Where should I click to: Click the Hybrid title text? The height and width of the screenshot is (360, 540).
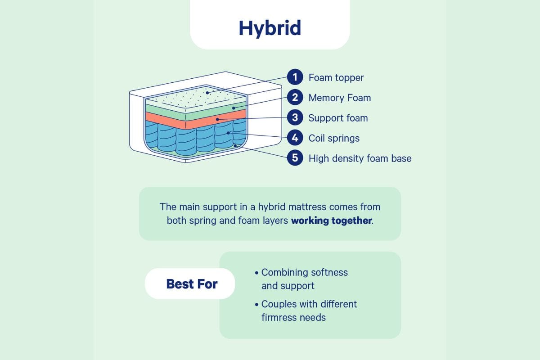[x=270, y=28]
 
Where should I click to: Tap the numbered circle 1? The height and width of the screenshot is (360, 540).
[x=295, y=77]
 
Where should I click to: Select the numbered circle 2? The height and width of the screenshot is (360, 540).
[x=295, y=98]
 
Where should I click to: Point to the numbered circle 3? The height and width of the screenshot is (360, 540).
[x=295, y=118]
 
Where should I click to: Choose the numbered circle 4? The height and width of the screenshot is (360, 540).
[x=295, y=138]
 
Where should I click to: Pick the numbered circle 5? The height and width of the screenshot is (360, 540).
[x=295, y=158]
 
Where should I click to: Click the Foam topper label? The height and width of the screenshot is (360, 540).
[x=336, y=78]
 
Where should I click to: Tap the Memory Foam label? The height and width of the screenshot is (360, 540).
[x=340, y=98]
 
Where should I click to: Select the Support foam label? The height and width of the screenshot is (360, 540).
[x=338, y=118]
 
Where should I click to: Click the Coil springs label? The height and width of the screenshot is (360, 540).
[x=334, y=138]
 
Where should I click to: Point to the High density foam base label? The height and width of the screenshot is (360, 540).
[x=360, y=158]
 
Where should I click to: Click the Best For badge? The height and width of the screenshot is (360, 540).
[x=192, y=284]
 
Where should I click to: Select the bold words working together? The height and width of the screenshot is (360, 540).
[x=332, y=221]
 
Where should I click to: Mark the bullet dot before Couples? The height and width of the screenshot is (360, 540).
[x=256, y=305]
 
